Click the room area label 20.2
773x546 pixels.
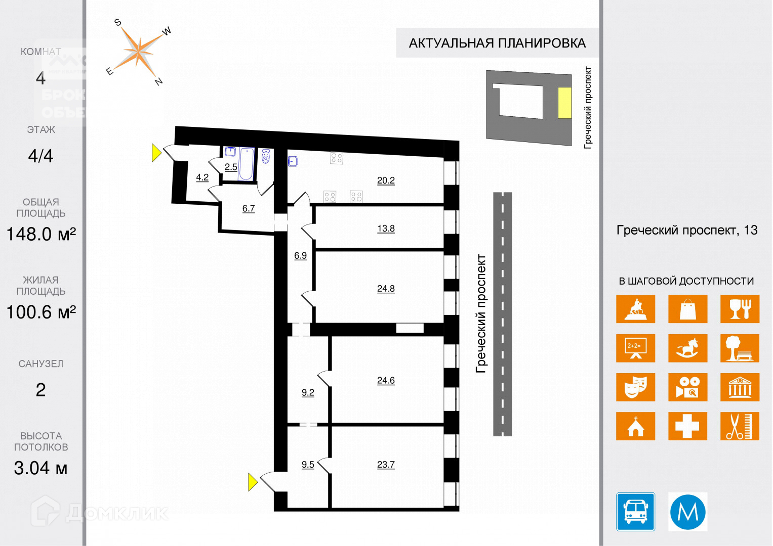click(x=386, y=180)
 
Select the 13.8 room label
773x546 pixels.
click(x=386, y=229)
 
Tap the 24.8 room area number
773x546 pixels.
click(x=386, y=289)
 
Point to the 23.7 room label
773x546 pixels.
click(x=386, y=465)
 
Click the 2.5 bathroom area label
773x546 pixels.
click(x=231, y=167)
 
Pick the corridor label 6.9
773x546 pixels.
click(x=300, y=256)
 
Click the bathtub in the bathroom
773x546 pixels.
click(x=246, y=163)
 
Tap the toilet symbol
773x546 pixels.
click(x=266, y=157)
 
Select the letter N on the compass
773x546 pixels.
click(x=158, y=81)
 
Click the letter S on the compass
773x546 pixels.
click(x=118, y=22)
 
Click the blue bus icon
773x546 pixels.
click(x=635, y=512)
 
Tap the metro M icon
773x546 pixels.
click(x=687, y=512)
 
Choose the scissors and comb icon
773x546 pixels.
click(x=740, y=426)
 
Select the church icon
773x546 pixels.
click(x=635, y=426)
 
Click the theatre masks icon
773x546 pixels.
click(x=635, y=387)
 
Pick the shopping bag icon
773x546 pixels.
click(x=687, y=309)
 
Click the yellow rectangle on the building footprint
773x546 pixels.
click(x=564, y=103)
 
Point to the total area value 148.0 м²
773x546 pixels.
click(x=41, y=235)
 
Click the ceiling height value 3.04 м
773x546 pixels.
click(x=40, y=468)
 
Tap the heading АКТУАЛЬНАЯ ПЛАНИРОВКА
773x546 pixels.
click(x=497, y=43)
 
